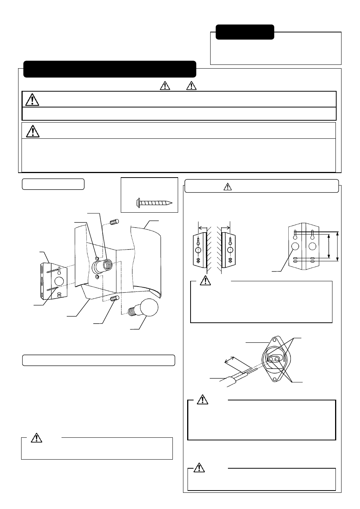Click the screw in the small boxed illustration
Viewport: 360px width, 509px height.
coord(155,202)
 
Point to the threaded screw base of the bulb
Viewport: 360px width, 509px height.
coord(133,311)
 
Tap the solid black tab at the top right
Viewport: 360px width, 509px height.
coord(245,32)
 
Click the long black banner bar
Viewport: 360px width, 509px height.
coord(109,69)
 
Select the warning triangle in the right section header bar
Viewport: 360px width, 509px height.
coord(227,186)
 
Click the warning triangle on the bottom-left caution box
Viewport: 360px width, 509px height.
coord(36,437)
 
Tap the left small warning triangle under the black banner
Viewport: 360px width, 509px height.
coord(165,86)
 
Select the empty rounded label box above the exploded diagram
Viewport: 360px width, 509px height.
coord(53,184)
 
